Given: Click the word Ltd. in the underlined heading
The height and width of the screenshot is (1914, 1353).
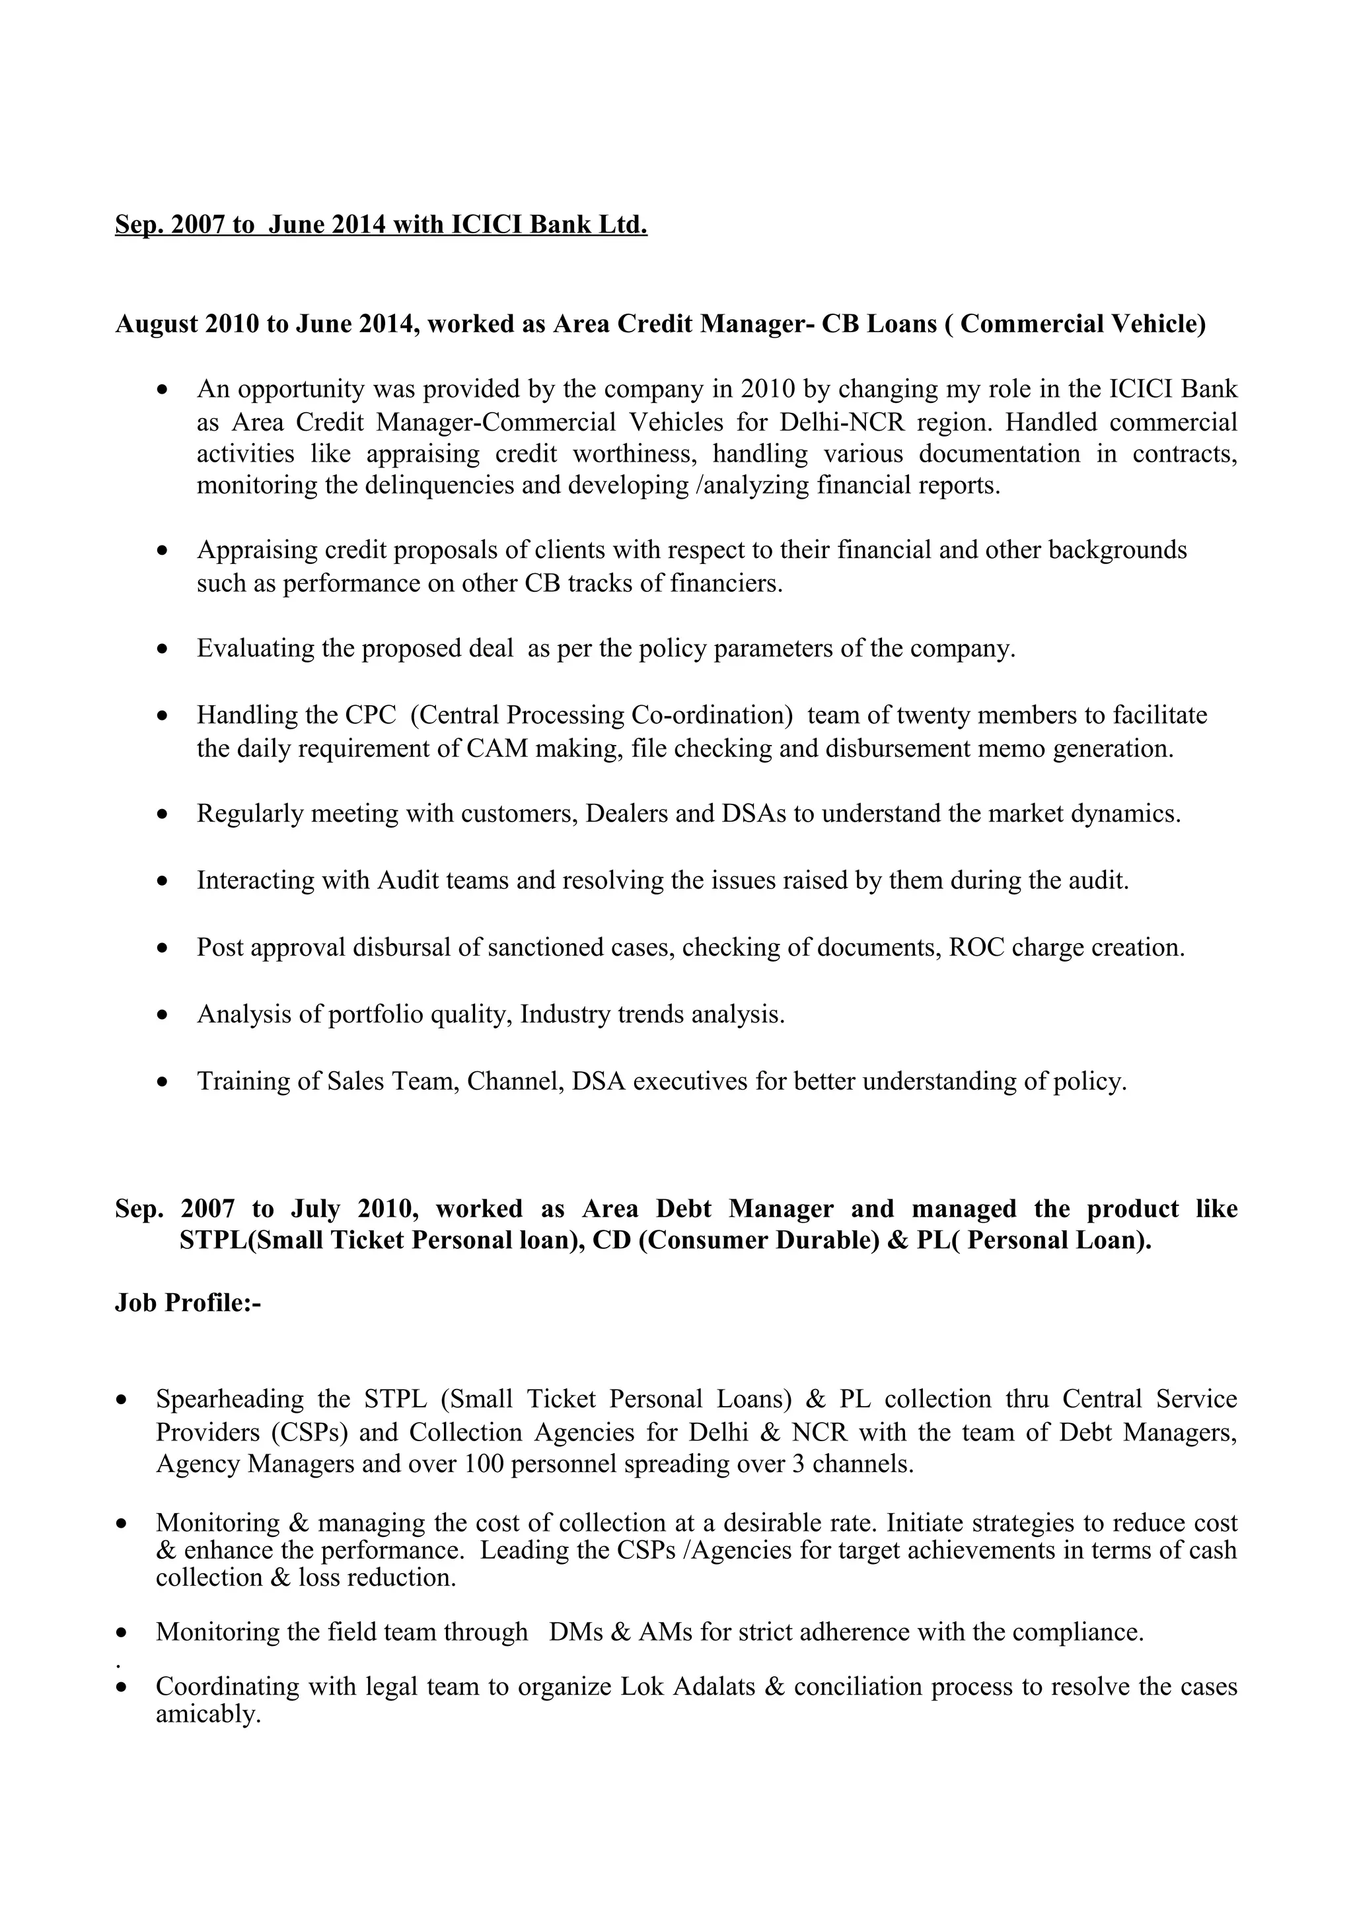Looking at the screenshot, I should pos(624,225).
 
